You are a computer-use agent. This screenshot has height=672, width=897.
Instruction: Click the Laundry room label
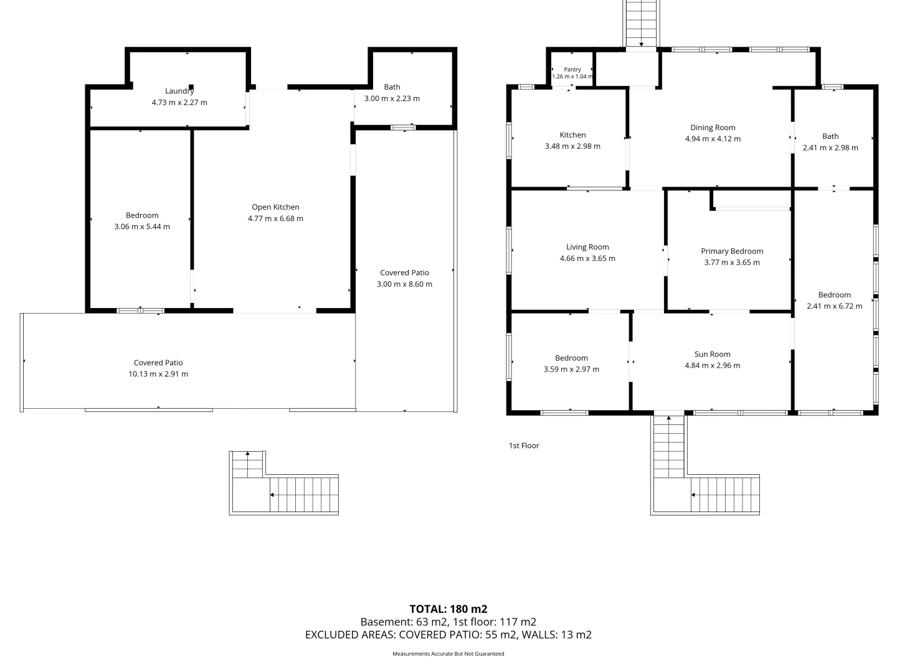click(x=179, y=91)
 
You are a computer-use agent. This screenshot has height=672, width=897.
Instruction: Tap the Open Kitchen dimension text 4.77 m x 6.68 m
click(x=275, y=218)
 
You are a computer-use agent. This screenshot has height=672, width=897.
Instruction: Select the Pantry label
click(x=572, y=70)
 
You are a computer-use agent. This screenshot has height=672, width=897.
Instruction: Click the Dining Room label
click(x=713, y=128)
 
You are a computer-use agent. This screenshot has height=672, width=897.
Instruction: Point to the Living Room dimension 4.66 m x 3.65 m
click(x=587, y=258)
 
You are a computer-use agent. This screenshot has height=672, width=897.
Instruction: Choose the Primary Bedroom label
click(x=732, y=251)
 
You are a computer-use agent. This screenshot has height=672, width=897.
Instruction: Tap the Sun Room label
click(x=712, y=354)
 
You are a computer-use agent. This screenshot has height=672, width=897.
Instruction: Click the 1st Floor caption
click(x=523, y=446)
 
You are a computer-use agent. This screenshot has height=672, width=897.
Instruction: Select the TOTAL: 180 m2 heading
click(x=448, y=609)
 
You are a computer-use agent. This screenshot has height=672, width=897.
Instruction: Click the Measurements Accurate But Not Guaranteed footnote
click(x=448, y=653)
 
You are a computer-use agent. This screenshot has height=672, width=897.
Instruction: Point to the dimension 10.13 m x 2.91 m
click(x=158, y=374)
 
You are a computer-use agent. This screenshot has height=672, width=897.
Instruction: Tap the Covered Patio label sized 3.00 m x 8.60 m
click(x=404, y=273)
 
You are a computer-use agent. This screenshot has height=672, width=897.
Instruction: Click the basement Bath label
click(x=392, y=87)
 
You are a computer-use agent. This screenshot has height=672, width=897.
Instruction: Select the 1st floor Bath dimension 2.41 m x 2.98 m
click(x=830, y=147)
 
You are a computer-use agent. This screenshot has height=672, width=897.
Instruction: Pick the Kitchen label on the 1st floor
click(x=572, y=135)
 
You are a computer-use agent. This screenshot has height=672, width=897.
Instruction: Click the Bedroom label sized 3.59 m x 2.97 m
click(x=571, y=358)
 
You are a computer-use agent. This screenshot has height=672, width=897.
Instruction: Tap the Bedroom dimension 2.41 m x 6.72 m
click(x=834, y=306)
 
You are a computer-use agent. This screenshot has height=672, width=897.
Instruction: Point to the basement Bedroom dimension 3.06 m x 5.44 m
click(x=142, y=226)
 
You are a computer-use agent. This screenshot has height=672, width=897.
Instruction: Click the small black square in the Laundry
click(x=191, y=87)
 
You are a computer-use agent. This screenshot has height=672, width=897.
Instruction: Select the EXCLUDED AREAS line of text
click(x=448, y=635)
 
